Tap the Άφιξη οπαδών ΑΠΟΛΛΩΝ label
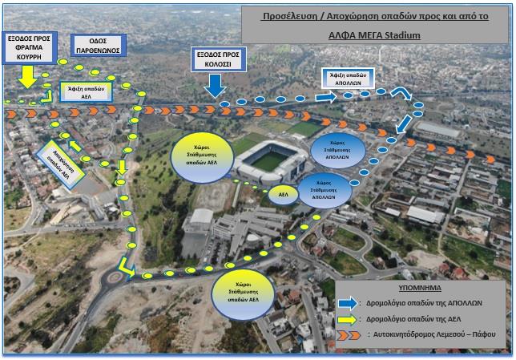[x=349, y=78]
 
